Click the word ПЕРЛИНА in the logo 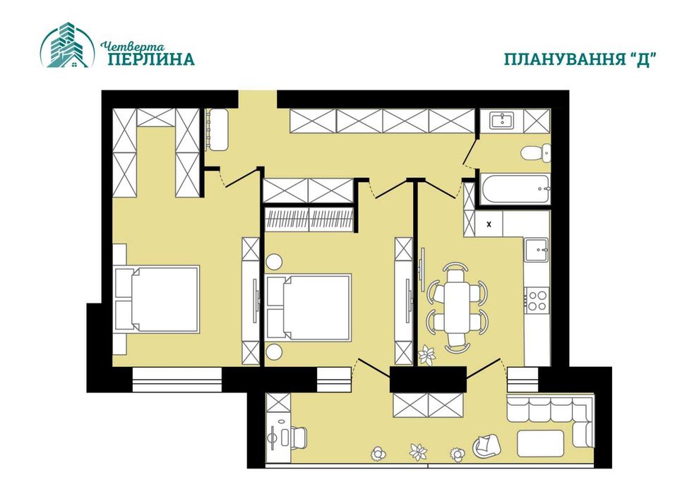[151, 59]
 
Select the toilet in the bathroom [534, 152]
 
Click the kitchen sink [537, 249]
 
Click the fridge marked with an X [490, 224]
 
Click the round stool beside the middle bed [274, 352]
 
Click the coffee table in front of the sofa [540, 443]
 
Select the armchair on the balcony [486, 445]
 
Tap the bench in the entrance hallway [219, 130]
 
